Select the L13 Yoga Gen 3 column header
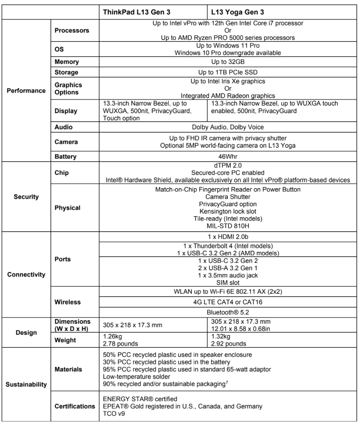[x=237, y=12]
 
